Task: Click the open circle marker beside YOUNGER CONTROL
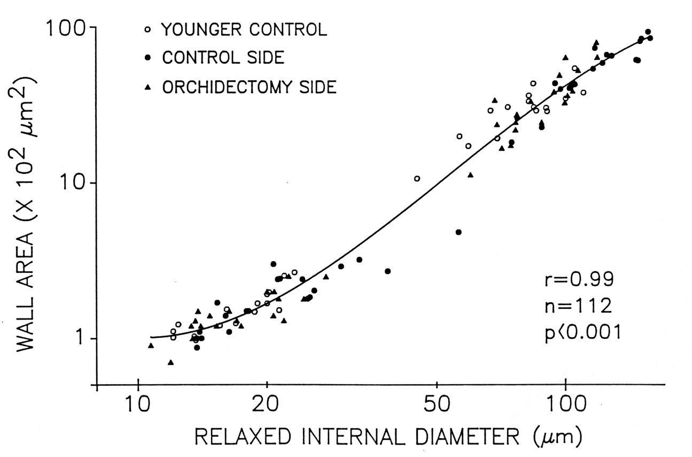click(149, 30)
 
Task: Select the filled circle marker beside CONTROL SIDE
click(149, 58)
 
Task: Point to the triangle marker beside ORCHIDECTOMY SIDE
click(149, 87)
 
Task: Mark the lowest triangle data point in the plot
click(170, 363)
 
